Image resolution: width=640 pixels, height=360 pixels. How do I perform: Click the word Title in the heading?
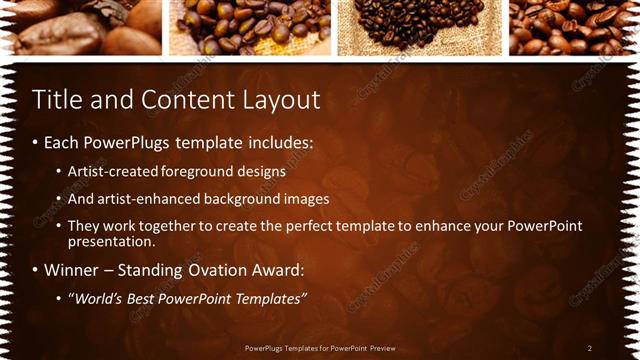[55, 101]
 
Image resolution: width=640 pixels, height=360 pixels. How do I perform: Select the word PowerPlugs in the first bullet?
[127, 143]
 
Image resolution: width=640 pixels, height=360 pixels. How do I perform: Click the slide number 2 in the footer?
[590, 347]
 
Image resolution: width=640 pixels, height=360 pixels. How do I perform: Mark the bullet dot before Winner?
[36, 270]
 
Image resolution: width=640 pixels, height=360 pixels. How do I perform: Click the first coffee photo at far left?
[80, 27]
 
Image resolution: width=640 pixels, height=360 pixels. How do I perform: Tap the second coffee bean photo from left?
[249, 27]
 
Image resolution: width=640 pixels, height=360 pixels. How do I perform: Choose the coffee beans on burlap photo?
[419, 27]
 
